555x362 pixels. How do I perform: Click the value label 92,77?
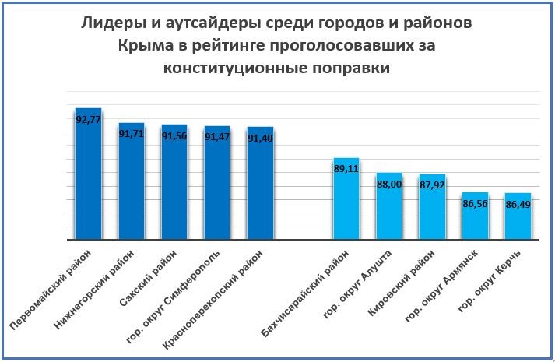(88, 119)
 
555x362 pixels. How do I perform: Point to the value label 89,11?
(346, 168)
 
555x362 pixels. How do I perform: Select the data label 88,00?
(388, 184)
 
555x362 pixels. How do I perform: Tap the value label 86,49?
(518, 205)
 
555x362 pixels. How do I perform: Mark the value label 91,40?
(260, 138)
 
